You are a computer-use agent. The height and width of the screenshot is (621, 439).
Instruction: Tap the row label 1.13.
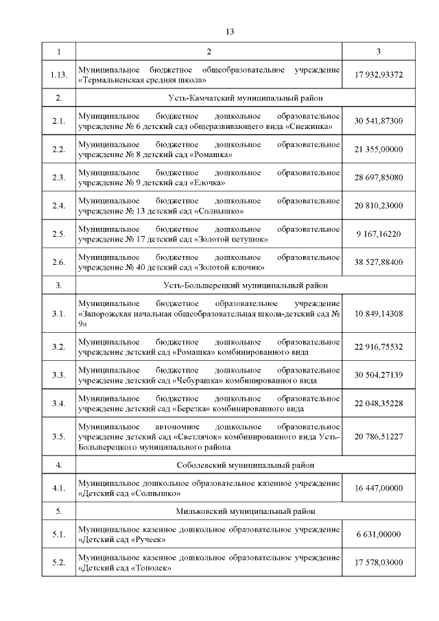[x=58, y=74]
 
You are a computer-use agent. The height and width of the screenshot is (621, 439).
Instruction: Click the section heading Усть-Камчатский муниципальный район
[x=209, y=97]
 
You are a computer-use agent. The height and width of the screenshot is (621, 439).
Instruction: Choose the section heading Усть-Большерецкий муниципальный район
[x=209, y=284]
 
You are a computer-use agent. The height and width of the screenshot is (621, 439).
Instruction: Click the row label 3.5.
[x=58, y=436]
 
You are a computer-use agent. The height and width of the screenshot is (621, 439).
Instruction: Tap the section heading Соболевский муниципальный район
[x=209, y=465]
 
